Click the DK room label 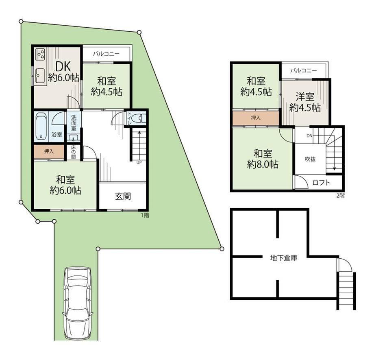(x=63, y=66)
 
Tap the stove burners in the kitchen (x=40, y=55)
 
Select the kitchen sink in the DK (x=40, y=75)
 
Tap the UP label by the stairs (x=139, y=163)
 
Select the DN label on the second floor (x=309, y=136)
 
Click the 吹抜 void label (x=310, y=159)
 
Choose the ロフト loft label (x=321, y=183)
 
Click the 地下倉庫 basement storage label (x=284, y=258)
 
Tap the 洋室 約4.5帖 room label (x=305, y=103)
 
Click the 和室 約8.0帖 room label (x=263, y=159)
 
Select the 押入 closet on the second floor (x=256, y=118)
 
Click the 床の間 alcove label (x=73, y=152)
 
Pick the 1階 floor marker (x=145, y=215)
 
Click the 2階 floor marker (x=341, y=196)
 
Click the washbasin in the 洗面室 (x=74, y=138)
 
